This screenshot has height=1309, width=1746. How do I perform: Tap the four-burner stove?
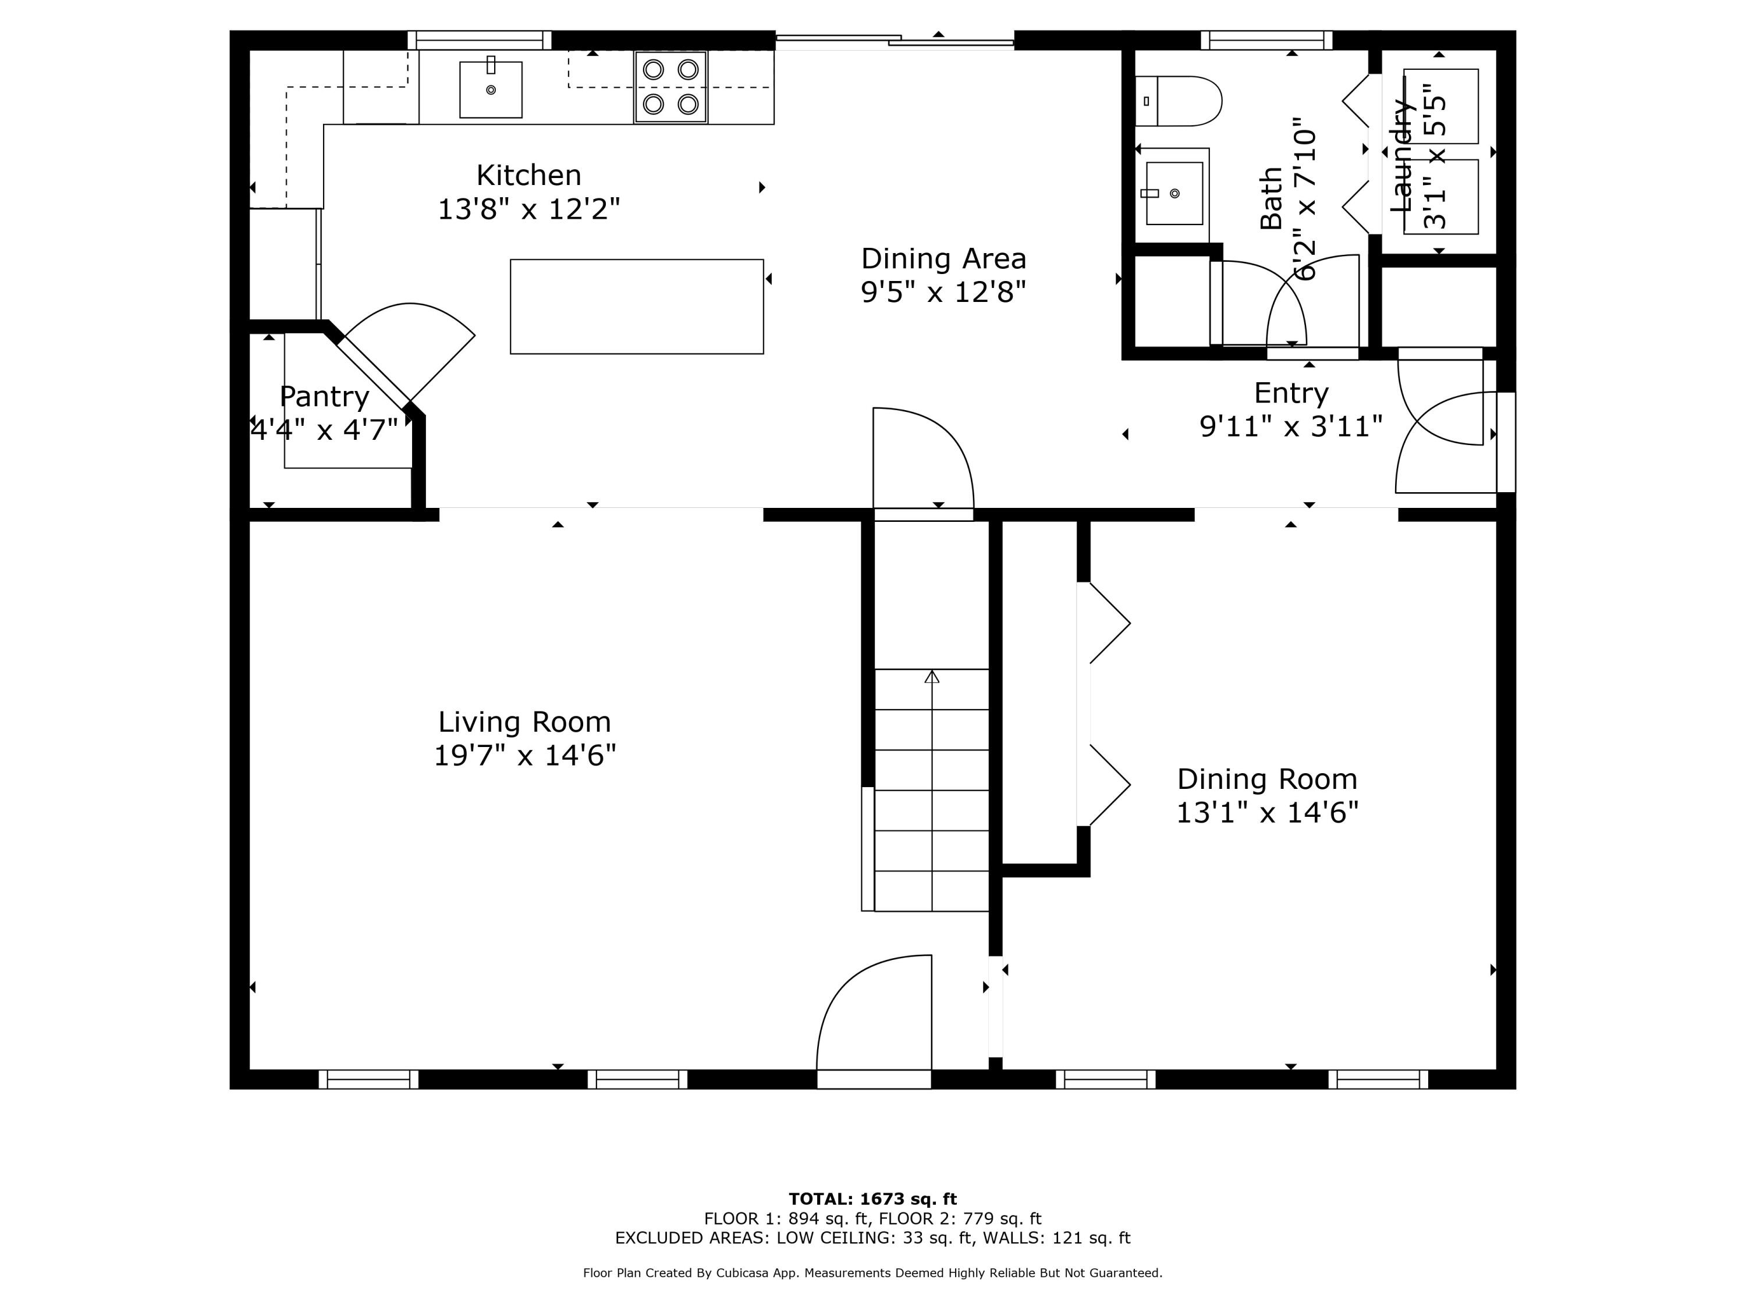coord(670,87)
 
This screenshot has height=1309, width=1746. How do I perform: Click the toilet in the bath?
coord(1179,101)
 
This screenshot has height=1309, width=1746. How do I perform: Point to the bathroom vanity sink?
coord(1174,193)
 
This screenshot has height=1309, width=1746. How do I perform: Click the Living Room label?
coord(524,722)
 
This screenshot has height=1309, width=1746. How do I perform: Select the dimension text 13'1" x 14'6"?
coord(1267,813)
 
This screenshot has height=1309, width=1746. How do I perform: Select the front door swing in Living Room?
coord(872,1014)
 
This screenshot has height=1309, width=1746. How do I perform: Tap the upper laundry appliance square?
coord(1440,106)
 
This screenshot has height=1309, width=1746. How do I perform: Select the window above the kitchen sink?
coord(479,40)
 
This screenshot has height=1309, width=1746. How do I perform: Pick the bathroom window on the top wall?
coord(1266,40)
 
